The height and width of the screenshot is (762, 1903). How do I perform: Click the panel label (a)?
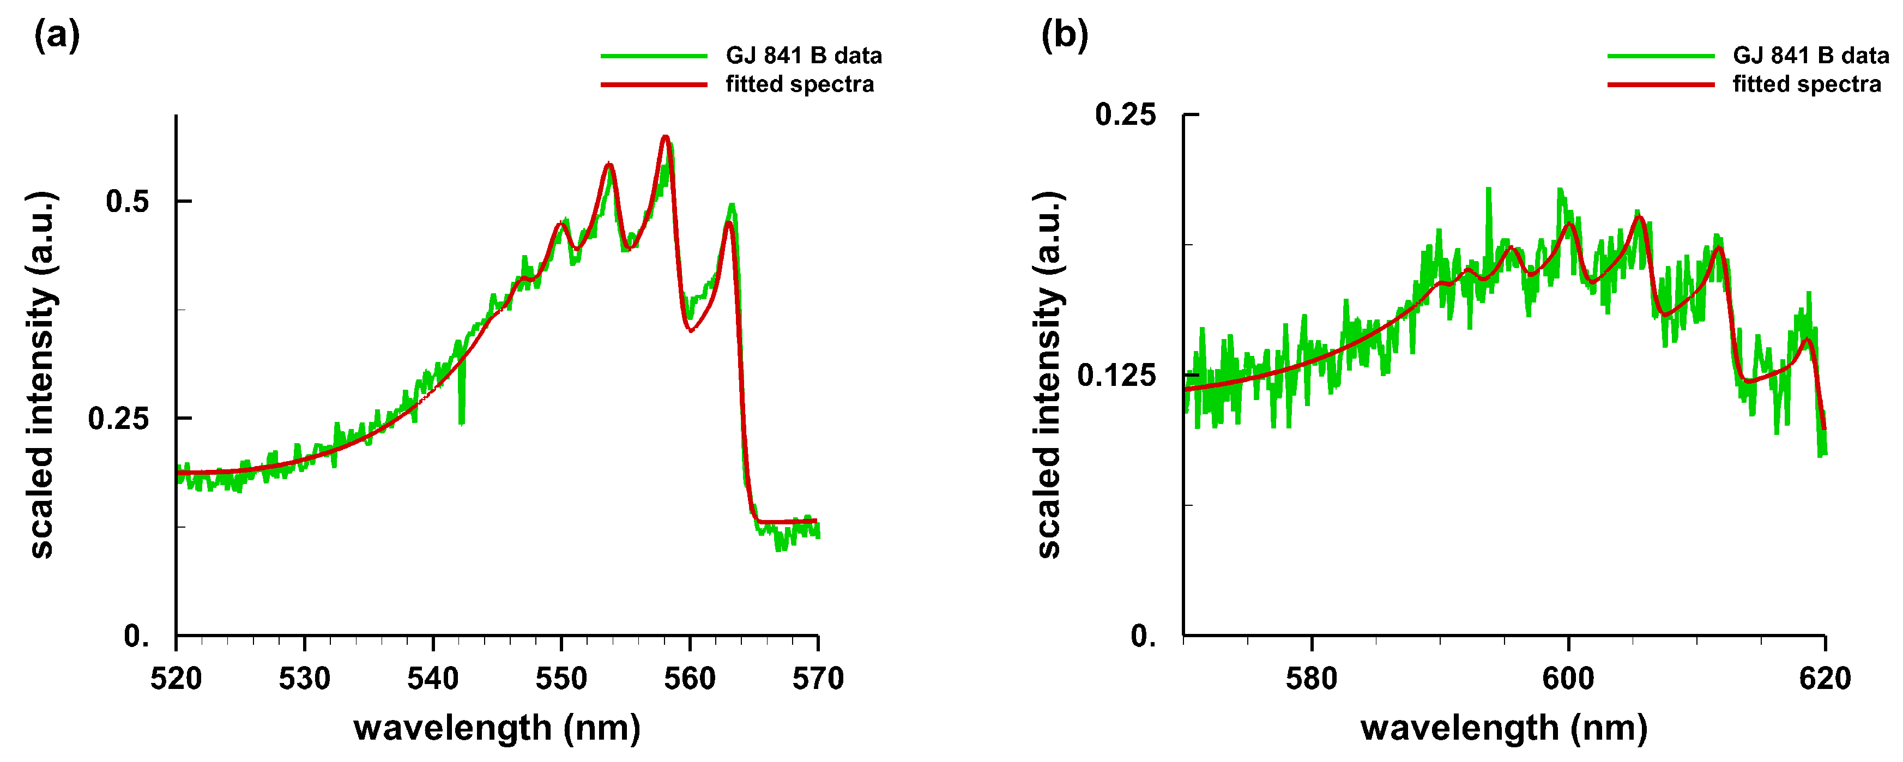(56, 35)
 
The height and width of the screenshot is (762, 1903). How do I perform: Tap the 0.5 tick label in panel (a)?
(127, 201)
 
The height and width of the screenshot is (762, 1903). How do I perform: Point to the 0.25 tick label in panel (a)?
(118, 419)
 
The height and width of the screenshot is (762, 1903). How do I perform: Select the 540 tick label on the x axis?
(433, 679)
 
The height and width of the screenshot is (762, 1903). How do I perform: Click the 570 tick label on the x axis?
(818, 679)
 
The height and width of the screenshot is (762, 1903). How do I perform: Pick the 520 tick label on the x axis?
(176, 679)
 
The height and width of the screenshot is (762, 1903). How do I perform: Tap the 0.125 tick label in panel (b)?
(1115, 375)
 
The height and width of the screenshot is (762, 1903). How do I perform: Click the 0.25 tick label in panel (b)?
(1125, 114)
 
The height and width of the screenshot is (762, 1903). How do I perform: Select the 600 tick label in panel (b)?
(1568, 679)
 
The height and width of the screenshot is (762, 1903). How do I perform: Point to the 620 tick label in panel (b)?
(1825, 679)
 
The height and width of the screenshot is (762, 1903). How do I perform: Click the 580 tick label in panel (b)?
(1311, 679)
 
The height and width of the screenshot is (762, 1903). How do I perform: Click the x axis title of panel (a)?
(497, 728)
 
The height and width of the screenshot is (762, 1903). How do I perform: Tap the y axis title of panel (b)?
(1049, 375)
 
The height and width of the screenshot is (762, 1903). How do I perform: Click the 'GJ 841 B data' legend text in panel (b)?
(1811, 56)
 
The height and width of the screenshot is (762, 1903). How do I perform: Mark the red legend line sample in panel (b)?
(1660, 84)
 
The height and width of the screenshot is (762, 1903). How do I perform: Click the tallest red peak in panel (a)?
(666, 137)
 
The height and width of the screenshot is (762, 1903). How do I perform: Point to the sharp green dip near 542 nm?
(462, 421)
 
